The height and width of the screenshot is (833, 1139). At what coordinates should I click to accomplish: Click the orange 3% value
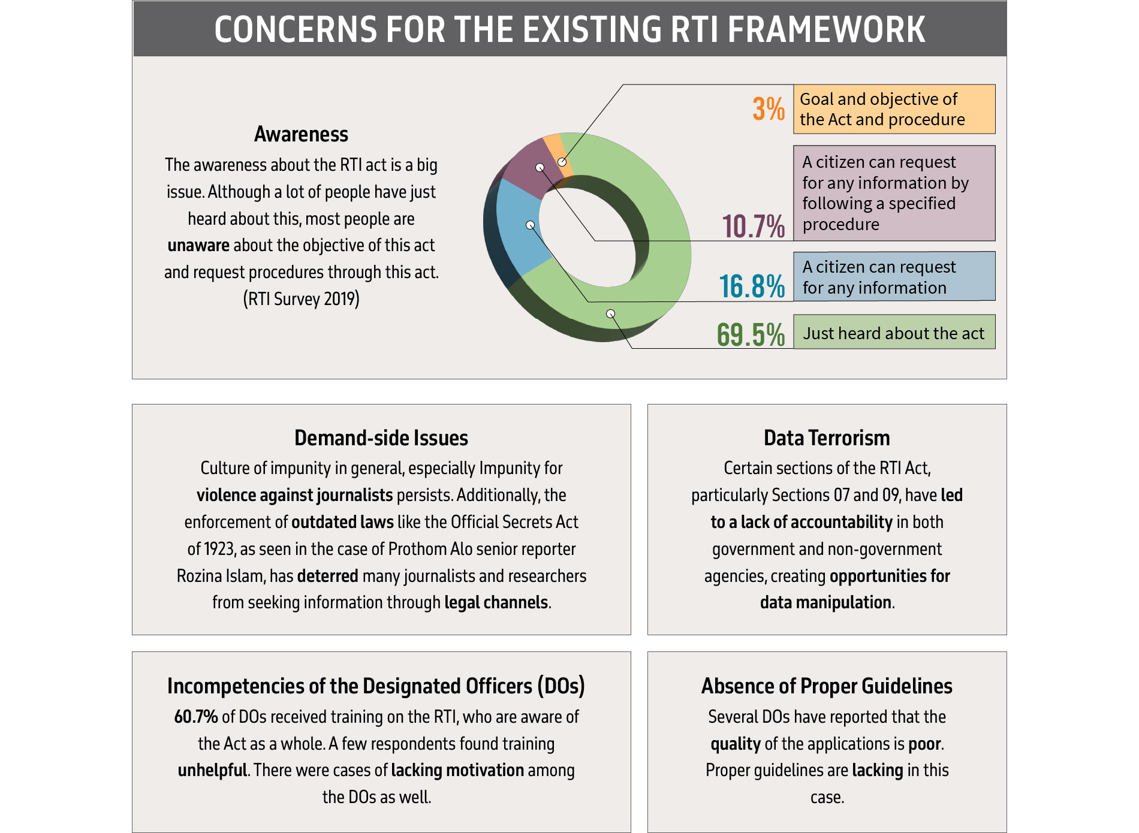pos(768,109)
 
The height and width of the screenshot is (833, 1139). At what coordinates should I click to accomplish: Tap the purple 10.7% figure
pos(753,227)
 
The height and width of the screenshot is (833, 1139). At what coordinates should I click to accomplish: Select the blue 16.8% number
pos(752,286)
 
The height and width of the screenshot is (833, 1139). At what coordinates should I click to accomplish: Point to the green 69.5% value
pos(751,334)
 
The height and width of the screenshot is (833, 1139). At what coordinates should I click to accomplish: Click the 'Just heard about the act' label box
pos(894,332)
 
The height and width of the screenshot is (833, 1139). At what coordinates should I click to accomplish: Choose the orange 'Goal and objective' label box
pos(894,109)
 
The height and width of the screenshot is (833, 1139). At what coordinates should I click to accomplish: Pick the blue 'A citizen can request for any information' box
pos(894,276)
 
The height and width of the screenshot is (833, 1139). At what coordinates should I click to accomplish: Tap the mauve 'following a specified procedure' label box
pos(894,193)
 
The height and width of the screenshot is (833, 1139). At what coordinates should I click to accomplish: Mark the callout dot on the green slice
pos(610,313)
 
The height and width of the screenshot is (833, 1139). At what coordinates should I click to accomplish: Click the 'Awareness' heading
pos(301,134)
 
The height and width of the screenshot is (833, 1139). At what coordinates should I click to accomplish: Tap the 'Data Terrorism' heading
pos(827,438)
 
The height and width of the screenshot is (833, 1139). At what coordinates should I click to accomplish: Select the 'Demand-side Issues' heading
pos(381,438)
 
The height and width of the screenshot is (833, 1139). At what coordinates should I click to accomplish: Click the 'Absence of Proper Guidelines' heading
pos(827,686)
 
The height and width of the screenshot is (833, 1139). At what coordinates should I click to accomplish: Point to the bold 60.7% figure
pos(196,717)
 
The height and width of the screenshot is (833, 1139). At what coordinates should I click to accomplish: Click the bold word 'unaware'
pos(198,246)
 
